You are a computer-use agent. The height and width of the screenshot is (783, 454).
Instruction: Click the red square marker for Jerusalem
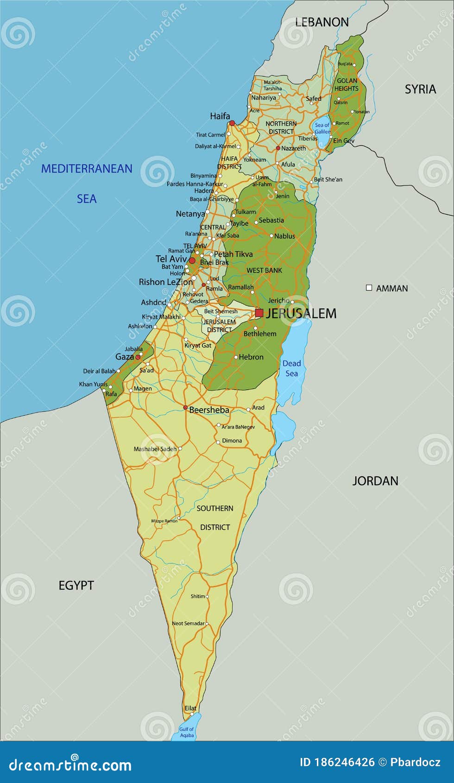259,313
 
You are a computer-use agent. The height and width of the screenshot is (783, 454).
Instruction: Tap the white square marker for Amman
369,288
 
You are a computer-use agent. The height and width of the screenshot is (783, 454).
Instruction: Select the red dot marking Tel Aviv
192,260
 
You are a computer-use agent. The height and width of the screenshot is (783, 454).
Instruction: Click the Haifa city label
220,116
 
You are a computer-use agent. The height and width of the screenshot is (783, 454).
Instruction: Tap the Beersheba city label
209,410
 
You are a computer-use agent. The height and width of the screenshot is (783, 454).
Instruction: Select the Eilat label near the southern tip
190,708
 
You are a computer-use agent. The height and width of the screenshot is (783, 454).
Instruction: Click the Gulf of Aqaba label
187,732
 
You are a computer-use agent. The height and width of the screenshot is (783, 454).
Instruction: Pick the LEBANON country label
322,22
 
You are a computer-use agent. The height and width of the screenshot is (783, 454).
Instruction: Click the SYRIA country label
420,89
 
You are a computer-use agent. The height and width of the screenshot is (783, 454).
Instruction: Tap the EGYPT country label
76,586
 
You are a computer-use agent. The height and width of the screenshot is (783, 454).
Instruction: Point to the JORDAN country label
375,481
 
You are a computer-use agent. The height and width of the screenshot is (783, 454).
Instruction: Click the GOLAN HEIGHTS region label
347,84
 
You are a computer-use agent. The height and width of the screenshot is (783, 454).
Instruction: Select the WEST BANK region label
264,270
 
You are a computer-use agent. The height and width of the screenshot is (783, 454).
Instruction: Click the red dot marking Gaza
138,357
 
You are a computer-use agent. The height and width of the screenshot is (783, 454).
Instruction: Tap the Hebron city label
251,357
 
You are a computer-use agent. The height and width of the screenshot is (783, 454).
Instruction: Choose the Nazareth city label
293,148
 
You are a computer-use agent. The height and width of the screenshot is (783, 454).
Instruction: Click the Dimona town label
232,441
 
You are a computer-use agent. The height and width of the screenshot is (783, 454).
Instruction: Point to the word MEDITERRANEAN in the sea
87,169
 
